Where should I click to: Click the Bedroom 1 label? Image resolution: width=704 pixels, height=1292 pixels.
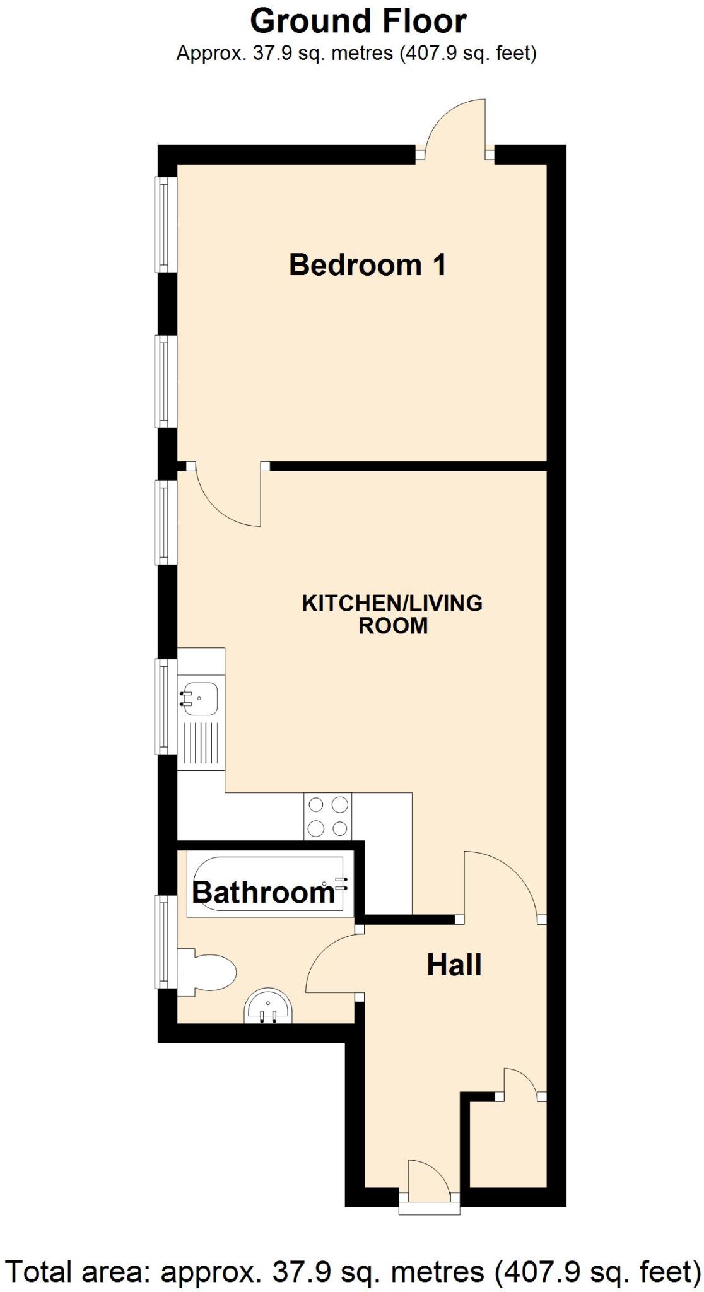pyautogui.click(x=368, y=264)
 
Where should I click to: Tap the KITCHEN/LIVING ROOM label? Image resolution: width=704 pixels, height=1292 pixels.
pyautogui.click(x=392, y=614)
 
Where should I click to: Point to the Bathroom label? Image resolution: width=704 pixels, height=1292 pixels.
pyautogui.click(x=263, y=892)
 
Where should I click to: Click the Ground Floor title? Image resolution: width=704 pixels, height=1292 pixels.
pyautogui.click(x=358, y=21)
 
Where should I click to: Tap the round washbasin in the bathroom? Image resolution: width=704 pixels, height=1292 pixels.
pyautogui.click(x=268, y=1006)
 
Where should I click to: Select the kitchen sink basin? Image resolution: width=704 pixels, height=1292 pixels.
pyautogui.click(x=200, y=698)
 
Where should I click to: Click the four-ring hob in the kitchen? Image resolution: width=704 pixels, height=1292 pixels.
pyautogui.click(x=328, y=816)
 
